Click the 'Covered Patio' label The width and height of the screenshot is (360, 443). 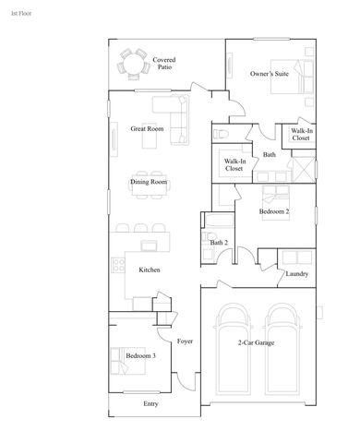pyautogui.click(x=164, y=64)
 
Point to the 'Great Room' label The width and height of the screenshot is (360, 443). pyautogui.click(x=147, y=129)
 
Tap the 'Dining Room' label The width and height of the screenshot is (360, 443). pyautogui.click(x=148, y=183)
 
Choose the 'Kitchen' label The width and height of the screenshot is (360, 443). pyautogui.click(x=150, y=269)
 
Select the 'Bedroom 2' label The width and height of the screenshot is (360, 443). pyautogui.click(x=274, y=212)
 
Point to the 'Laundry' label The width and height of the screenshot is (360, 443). pyautogui.click(x=296, y=274)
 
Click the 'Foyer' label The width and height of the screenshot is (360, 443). pyautogui.click(x=184, y=341)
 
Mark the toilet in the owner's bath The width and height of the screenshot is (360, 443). pyautogui.click(x=222, y=135)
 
